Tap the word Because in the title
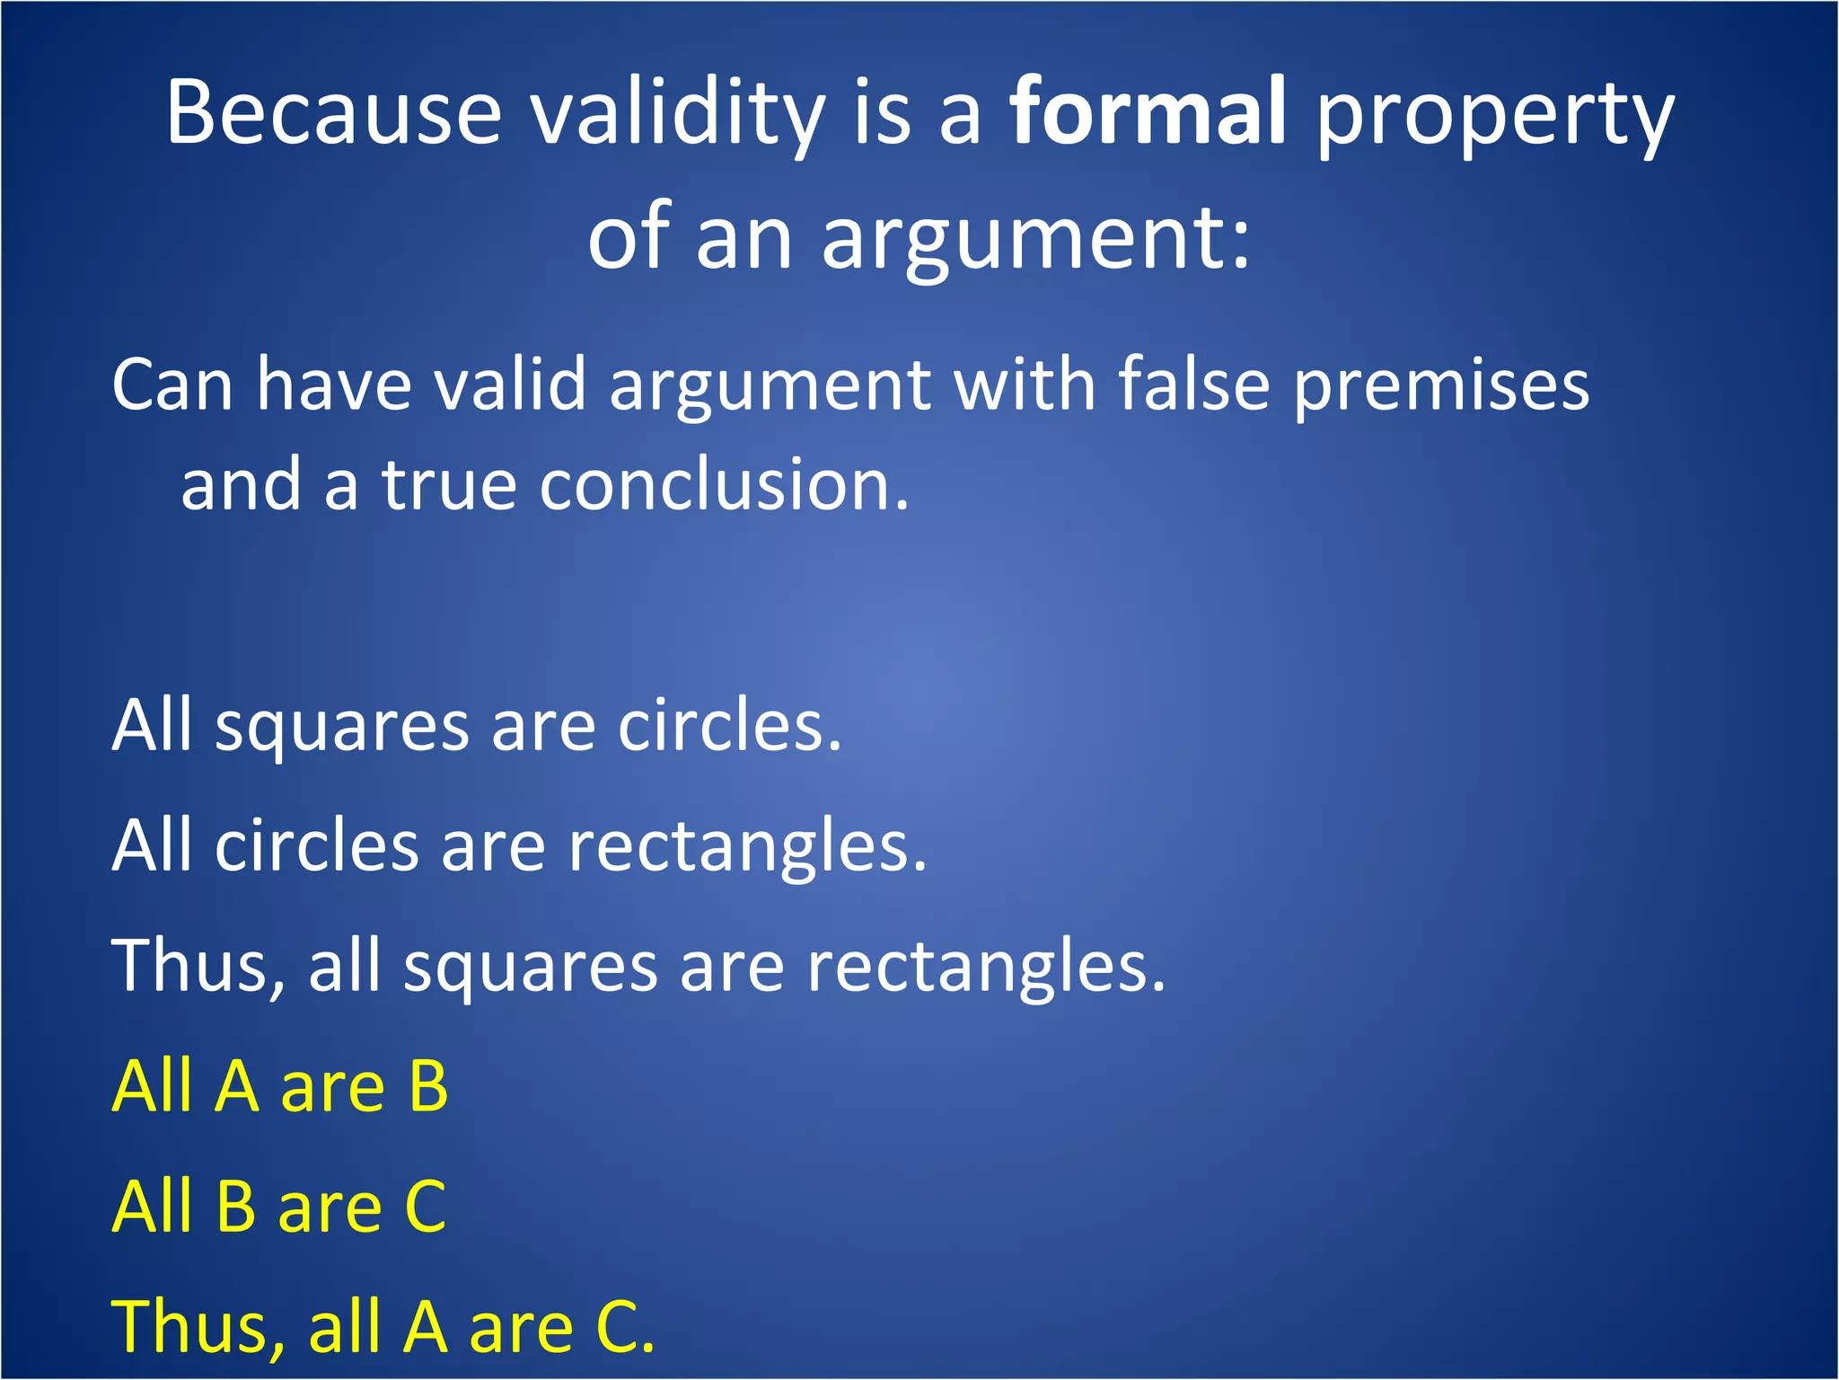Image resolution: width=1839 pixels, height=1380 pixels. point(333,112)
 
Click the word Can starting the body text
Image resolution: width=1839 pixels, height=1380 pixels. point(172,385)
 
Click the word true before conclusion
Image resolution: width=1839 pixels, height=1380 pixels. point(449,485)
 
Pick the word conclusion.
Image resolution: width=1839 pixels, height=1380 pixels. point(724,485)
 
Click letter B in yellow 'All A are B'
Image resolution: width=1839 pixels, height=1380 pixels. point(427,1086)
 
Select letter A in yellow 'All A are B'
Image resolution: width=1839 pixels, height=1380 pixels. point(237,1086)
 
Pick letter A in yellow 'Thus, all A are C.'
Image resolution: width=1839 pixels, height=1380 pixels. point(425,1327)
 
